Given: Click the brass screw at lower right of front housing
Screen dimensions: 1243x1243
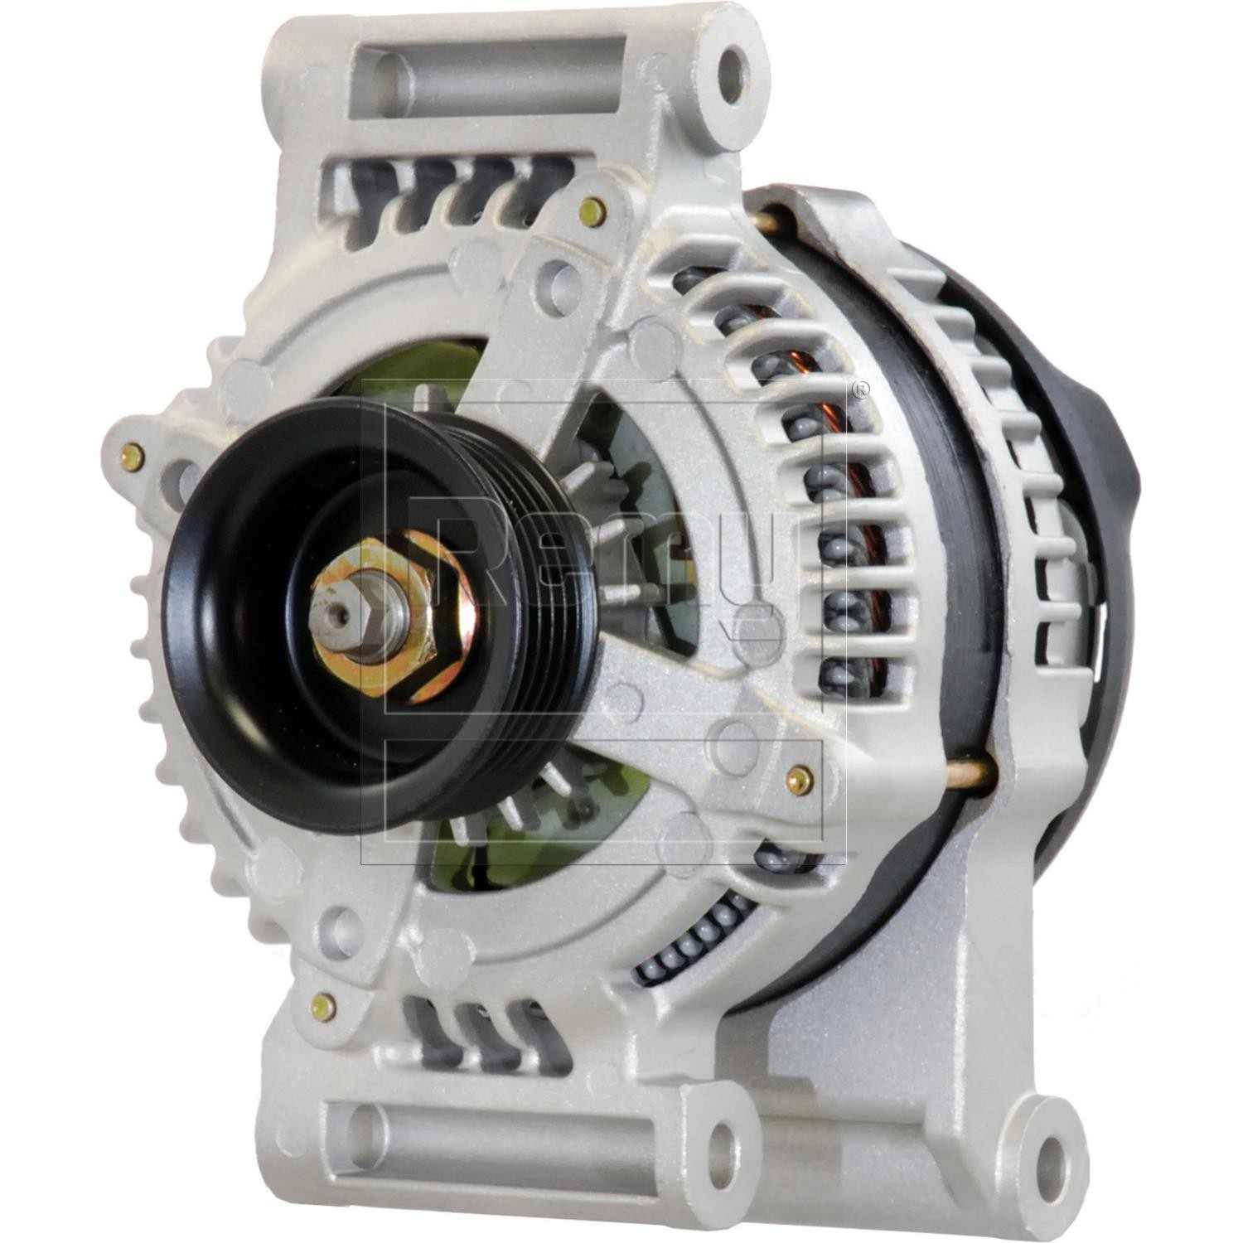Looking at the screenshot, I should [x=799, y=776].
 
